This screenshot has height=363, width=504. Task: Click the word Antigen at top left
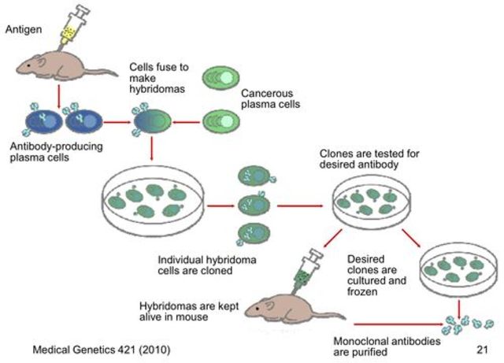(24, 29)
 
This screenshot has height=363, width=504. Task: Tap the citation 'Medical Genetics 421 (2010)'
(100, 348)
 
